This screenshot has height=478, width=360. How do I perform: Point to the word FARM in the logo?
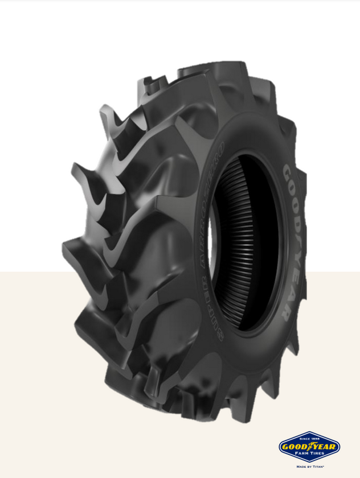tap(302, 455)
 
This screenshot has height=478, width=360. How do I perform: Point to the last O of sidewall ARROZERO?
tap(222, 149)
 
